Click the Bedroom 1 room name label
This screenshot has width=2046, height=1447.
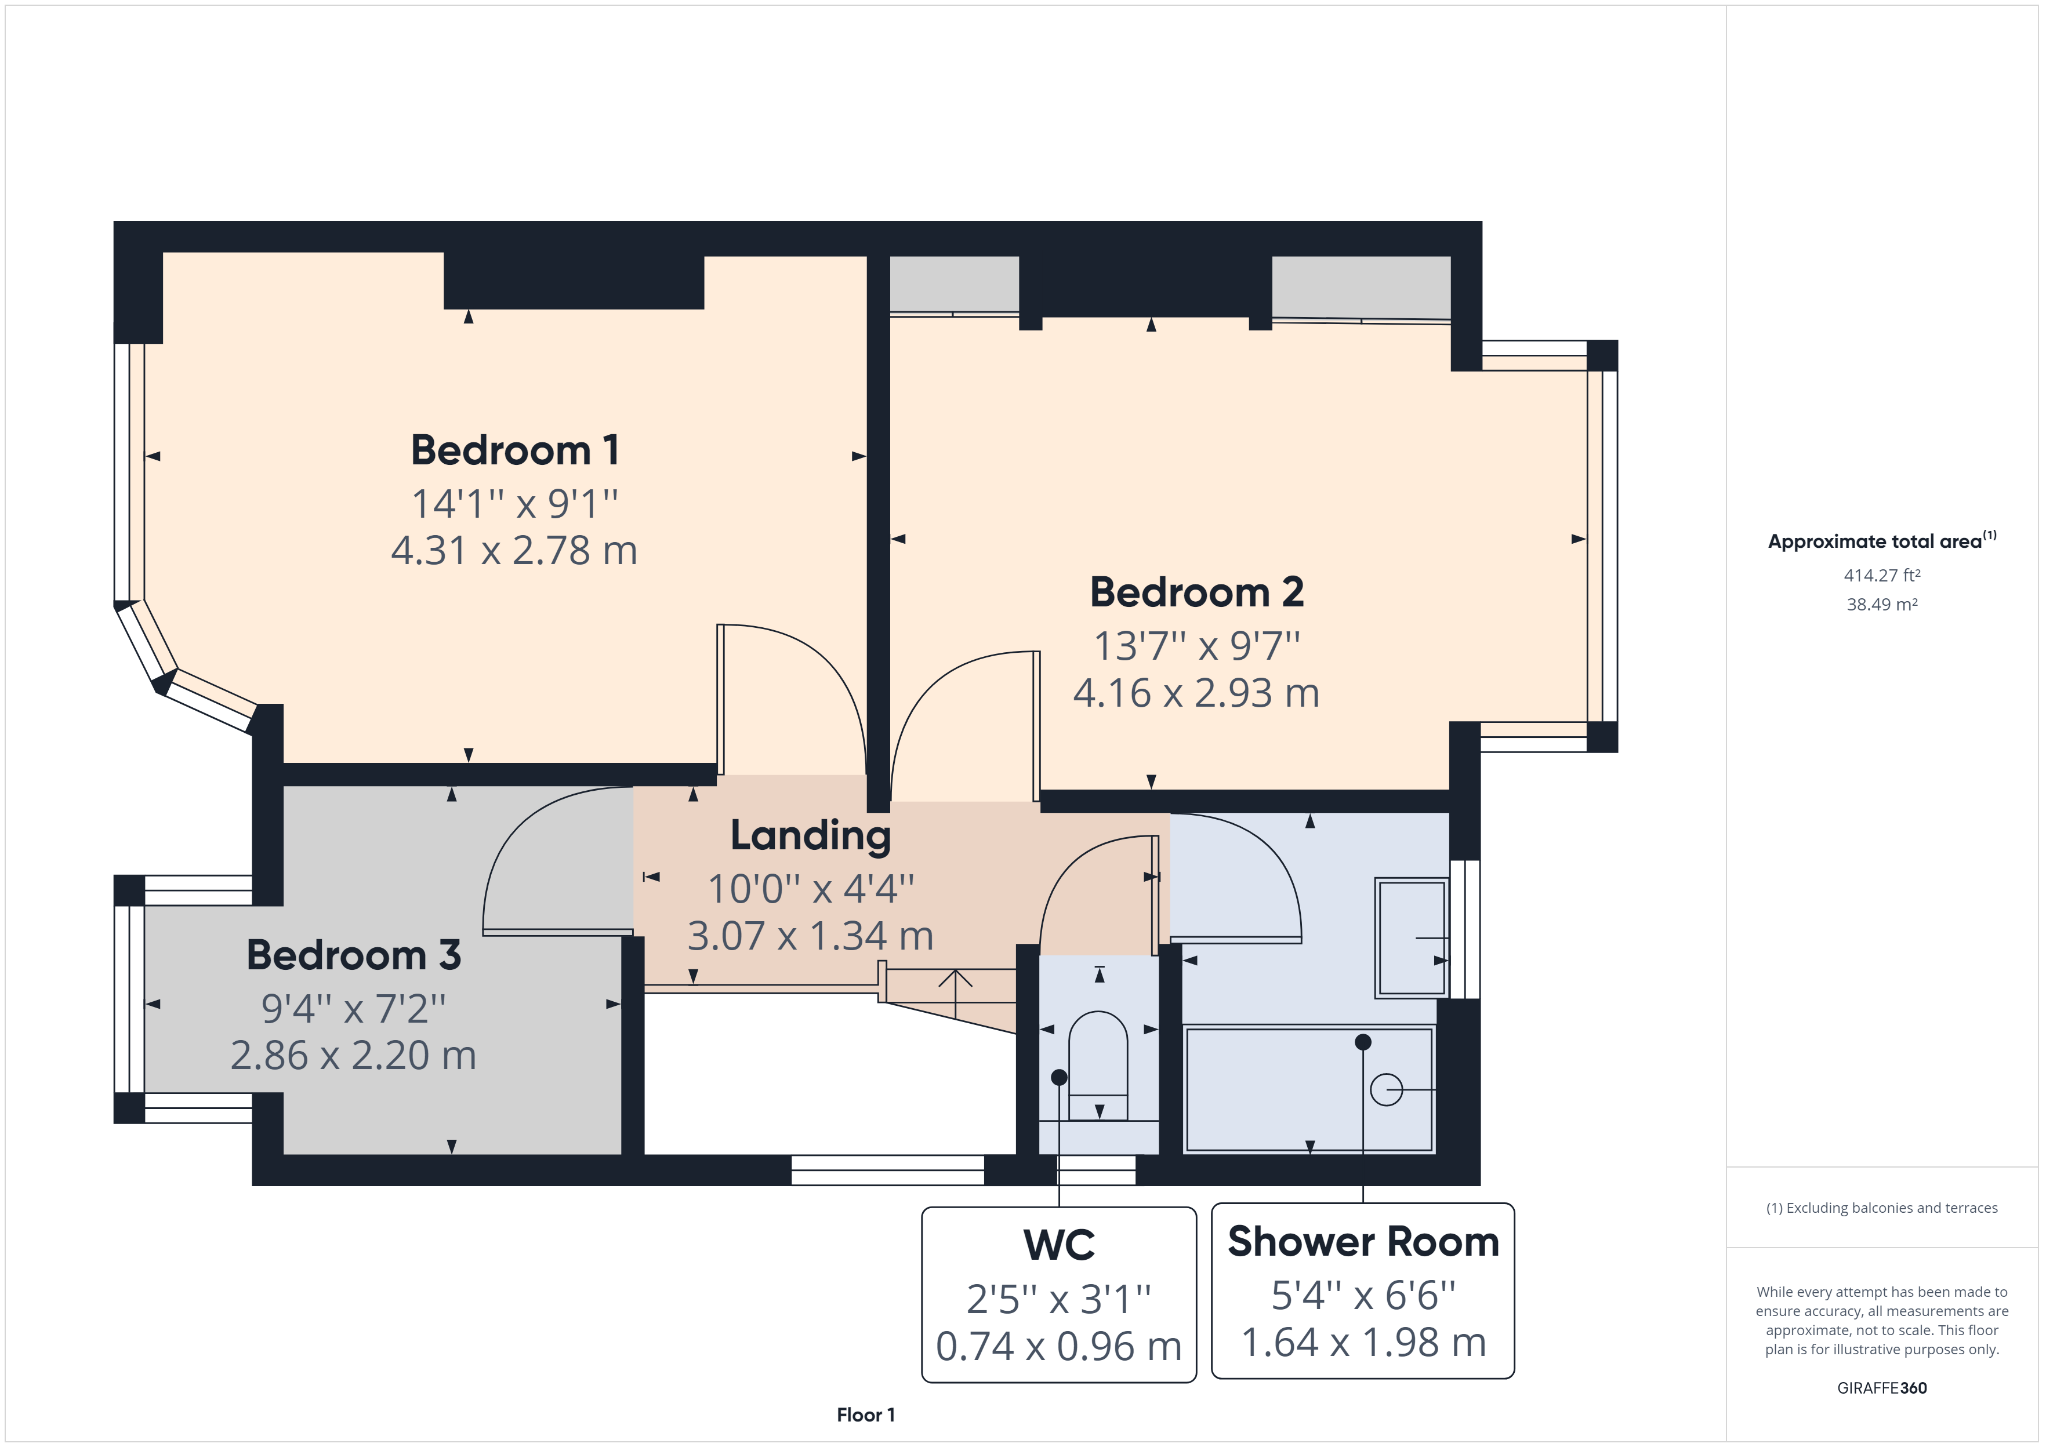point(514,450)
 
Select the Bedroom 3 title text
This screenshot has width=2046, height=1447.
point(354,955)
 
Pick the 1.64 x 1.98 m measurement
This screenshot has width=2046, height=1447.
point(1362,1343)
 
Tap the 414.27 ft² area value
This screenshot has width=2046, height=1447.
point(1881,576)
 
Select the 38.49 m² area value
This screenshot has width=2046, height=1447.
point(1881,604)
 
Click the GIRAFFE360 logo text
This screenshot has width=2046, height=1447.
point(1881,1387)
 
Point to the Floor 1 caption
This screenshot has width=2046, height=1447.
point(865,1415)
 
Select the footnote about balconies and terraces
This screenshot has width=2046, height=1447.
point(1881,1208)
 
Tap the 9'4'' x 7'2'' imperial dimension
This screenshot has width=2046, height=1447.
point(354,1009)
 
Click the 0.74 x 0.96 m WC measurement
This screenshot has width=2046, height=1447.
point(1058,1346)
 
